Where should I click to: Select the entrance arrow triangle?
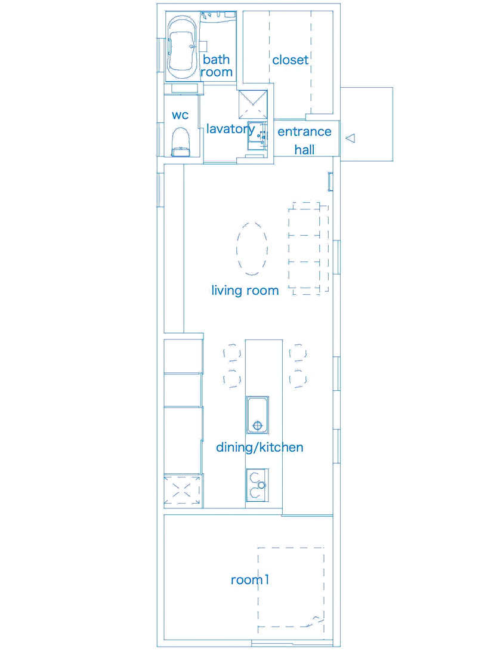[351, 138]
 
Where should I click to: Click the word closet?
[290, 60]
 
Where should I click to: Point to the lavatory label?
[230, 129]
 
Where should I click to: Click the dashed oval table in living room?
[252, 249]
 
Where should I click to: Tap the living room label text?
[245, 290]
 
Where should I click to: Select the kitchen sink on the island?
[257, 415]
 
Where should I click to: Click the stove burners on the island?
[257, 485]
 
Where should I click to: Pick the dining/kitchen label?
[260, 447]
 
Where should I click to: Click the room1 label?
[250, 579]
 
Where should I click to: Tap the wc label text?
[180, 115]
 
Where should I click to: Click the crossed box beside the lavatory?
[253, 104]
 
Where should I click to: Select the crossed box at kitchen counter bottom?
[182, 490]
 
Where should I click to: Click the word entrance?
[305, 132]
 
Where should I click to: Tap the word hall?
[305, 149]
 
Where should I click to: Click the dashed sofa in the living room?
[308, 248]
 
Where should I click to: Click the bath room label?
[216, 66]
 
